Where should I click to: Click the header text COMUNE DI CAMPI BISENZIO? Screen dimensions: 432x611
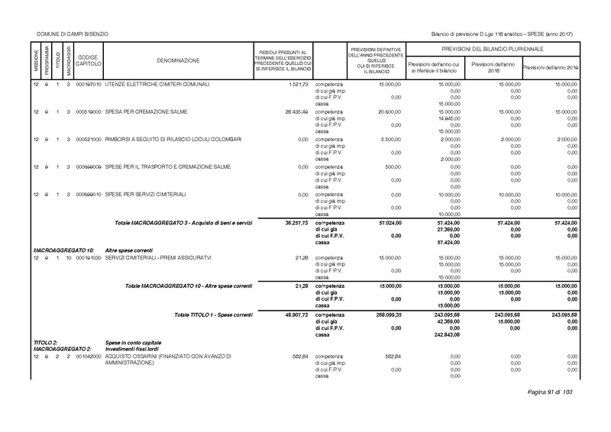[72, 34]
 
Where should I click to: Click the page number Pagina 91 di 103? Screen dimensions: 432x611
[550, 392]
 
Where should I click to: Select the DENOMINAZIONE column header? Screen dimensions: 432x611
[178, 60]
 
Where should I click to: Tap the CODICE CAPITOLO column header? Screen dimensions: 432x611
[88, 60]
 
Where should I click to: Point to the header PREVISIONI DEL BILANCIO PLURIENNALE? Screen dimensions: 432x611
[491, 49]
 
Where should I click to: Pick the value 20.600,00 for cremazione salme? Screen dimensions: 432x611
[386, 111]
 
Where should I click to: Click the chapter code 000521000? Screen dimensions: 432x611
[89, 140]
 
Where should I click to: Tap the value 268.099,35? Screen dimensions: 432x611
[384, 314]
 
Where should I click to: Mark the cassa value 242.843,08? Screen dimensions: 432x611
[447, 334]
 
